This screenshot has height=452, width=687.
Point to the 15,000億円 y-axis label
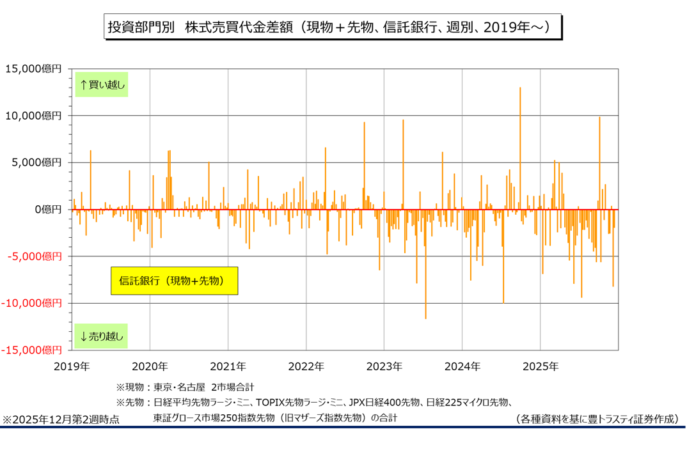pyautogui.click(x=33, y=68)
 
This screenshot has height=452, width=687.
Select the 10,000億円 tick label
pyautogui.click(x=33, y=116)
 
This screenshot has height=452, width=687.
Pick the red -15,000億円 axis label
pyautogui.click(x=32, y=350)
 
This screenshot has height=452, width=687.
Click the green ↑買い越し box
pyautogui.click(x=102, y=84)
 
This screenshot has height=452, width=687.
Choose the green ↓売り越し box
pyautogui.click(x=102, y=336)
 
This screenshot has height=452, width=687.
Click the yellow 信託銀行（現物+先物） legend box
pyautogui.click(x=174, y=281)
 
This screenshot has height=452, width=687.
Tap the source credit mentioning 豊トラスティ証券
pyautogui.click(x=596, y=419)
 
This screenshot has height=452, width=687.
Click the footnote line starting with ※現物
pyautogui.click(x=185, y=387)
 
